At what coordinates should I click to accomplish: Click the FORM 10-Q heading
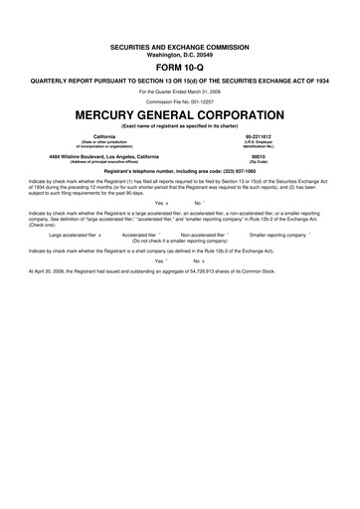(180, 67)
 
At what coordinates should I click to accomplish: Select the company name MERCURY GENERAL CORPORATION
(180, 114)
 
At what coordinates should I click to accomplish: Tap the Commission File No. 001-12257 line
(180, 101)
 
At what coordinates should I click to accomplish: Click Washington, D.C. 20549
(180, 55)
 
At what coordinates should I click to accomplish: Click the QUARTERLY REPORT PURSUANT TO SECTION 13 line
(180, 80)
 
